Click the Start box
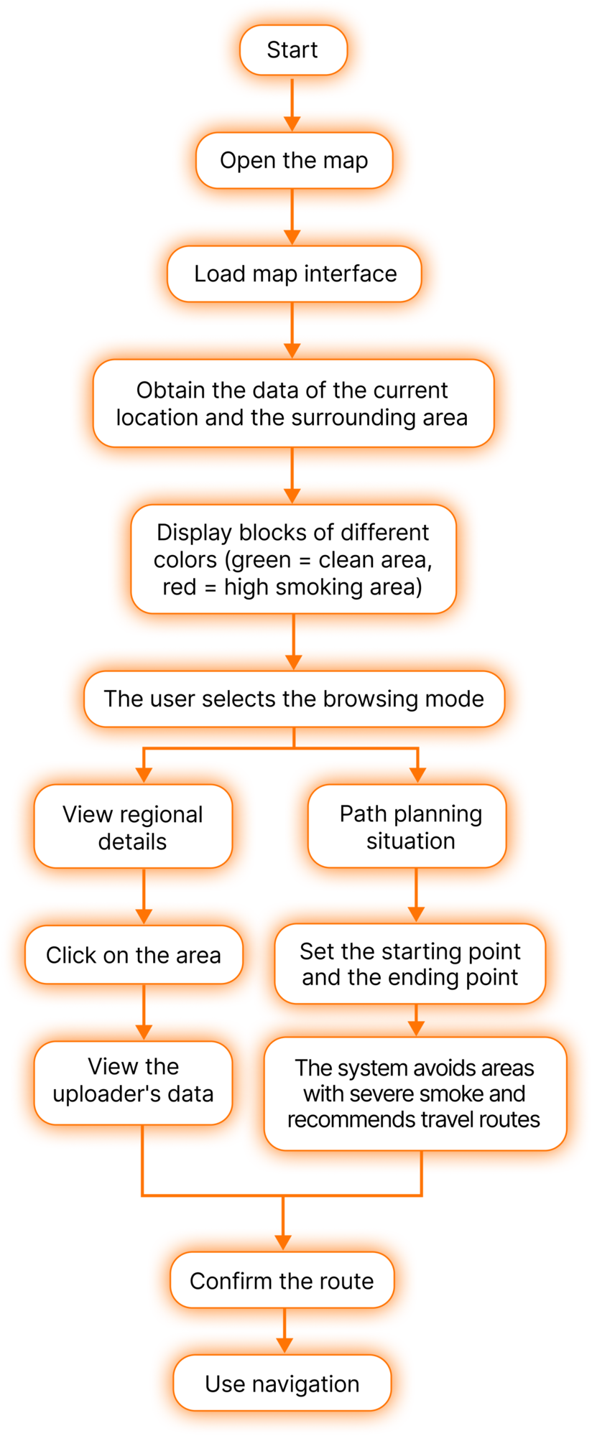tap(293, 50)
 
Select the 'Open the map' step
tap(294, 161)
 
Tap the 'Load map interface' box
tap(295, 274)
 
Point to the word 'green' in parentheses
tap(261, 561)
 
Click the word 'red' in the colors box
tap(179, 587)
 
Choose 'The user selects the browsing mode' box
tap(294, 699)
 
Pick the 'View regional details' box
tap(133, 827)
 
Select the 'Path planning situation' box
tap(410, 827)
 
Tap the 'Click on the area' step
tap(134, 955)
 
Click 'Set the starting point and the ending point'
tap(410, 964)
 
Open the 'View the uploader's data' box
tap(134, 1080)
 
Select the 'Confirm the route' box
tap(282, 1280)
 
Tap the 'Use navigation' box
tap(282, 1384)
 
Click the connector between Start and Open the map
tap(292, 104)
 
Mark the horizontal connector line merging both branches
tap(282, 1195)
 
